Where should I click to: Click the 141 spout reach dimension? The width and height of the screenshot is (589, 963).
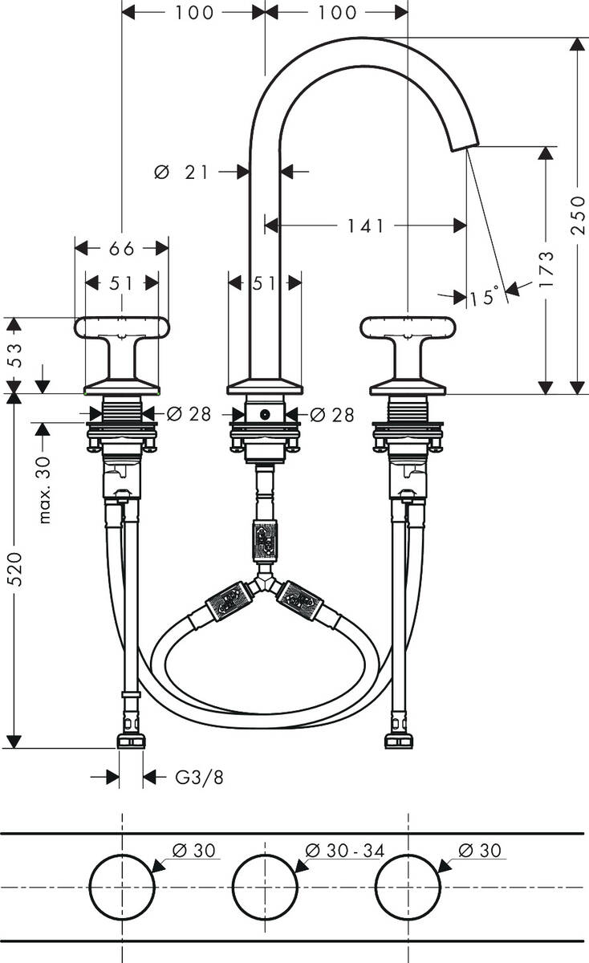[x=365, y=226]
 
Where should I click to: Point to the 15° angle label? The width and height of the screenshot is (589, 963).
[x=484, y=298]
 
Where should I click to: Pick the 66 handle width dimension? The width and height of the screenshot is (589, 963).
[x=121, y=248]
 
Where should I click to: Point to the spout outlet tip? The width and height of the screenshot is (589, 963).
[x=463, y=144]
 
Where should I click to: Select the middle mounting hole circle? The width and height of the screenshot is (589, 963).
[x=264, y=887]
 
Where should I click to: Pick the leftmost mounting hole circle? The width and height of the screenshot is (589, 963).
[x=121, y=887]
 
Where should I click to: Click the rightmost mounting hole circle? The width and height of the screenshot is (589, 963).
[x=408, y=887]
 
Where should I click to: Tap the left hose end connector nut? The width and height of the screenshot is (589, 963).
[x=131, y=740]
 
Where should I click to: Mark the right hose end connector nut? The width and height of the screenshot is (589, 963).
[x=398, y=740]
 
